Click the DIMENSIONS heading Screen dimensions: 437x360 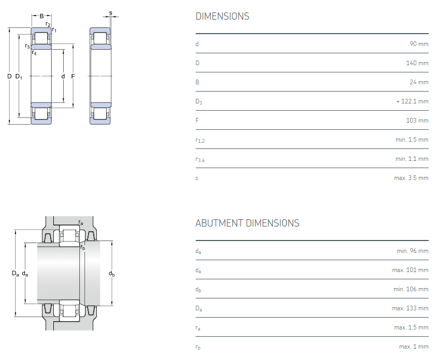(x=223, y=16)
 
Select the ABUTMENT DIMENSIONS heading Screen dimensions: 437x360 (x=247, y=223)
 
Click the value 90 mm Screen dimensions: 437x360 (x=419, y=44)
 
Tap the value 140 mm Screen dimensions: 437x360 (x=417, y=63)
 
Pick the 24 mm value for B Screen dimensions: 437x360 (x=419, y=82)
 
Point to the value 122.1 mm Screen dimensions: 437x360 (x=414, y=101)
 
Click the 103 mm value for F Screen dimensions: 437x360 (x=417, y=121)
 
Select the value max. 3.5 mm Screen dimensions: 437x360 (x=411, y=178)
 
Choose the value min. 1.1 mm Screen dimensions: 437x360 (x=412, y=159)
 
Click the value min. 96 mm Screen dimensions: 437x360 (x=413, y=251)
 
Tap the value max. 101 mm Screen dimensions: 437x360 (x=410, y=270)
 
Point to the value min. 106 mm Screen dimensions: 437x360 (x=411, y=289)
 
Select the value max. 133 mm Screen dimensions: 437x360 (x=410, y=308)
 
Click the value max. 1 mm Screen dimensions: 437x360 (x=414, y=347)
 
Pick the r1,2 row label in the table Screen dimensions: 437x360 (x=200, y=140)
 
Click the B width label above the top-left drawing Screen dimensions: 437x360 (x=41, y=16)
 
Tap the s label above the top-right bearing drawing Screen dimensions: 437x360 (x=111, y=13)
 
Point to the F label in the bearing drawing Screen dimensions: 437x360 (x=73, y=76)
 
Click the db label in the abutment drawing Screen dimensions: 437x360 (x=111, y=274)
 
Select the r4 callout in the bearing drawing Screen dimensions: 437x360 (x=34, y=52)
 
